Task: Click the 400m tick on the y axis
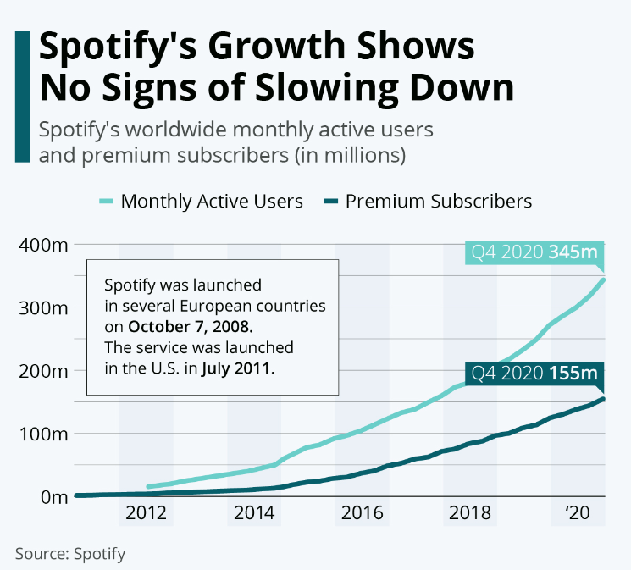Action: coord(42,246)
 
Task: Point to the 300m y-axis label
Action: coord(42,308)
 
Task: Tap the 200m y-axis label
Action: coord(42,371)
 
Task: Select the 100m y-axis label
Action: coord(42,434)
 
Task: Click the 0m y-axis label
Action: coord(52,496)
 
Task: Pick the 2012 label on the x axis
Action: coord(146,513)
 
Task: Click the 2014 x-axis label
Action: coord(253,513)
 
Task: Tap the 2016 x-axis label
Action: coord(362,513)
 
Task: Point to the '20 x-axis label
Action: coord(577,513)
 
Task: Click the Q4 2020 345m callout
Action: coord(534,253)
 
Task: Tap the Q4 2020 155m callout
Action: coord(534,374)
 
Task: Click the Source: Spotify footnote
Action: coord(70,554)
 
